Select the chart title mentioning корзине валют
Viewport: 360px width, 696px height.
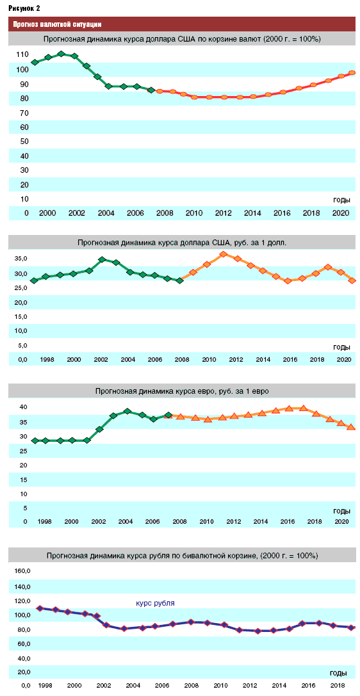click(182, 39)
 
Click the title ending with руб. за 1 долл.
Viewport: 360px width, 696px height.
click(184, 243)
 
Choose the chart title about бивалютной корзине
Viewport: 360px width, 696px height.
click(182, 555)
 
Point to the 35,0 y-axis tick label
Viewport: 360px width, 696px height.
click(21, 259)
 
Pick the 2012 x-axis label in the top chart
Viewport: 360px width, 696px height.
click(223, 213)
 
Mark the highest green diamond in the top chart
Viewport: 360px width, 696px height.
click(61, 54)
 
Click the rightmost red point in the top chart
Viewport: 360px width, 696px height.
click(352, 72)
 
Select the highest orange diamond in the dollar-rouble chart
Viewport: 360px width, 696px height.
click(224, 254)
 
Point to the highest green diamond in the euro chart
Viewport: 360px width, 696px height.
click(127, 411)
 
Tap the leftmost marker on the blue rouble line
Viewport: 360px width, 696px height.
click(40, 608)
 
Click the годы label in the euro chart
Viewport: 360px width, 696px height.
click(341, 510)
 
